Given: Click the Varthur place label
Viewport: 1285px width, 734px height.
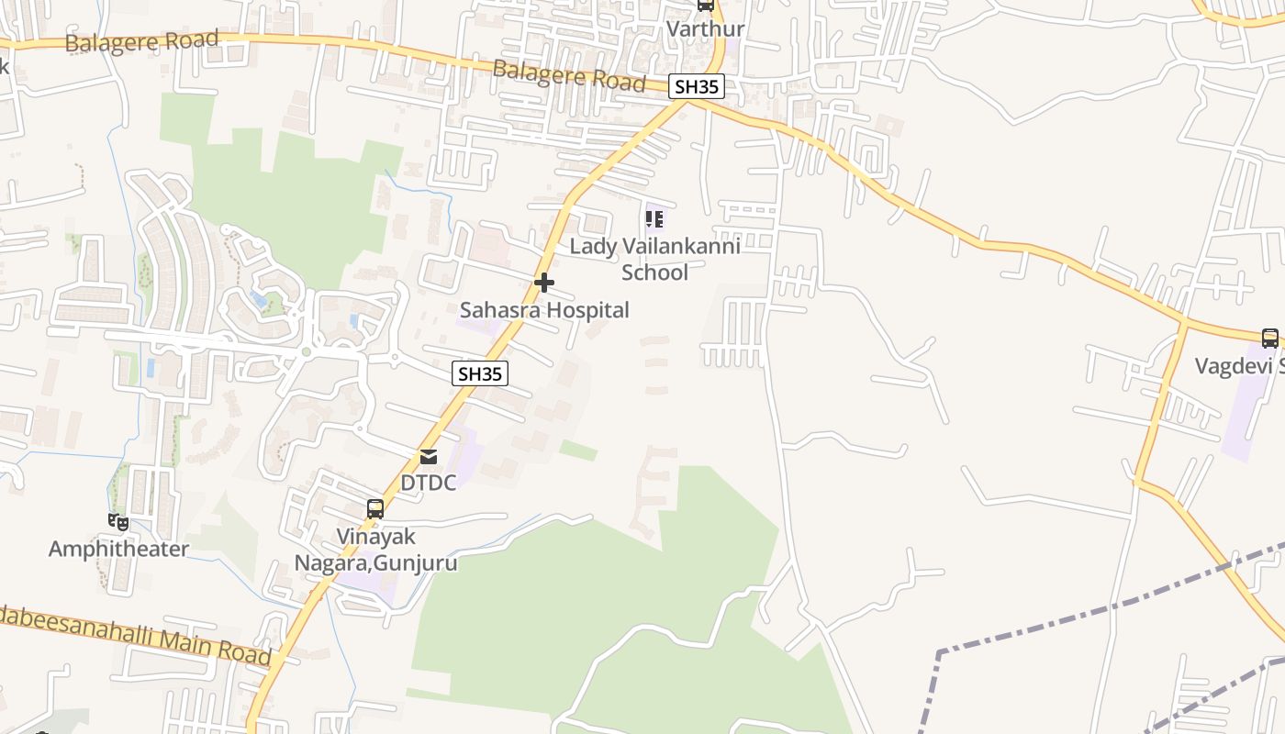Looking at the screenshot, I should (705, 28).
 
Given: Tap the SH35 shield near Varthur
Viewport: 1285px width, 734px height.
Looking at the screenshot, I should (697, 87).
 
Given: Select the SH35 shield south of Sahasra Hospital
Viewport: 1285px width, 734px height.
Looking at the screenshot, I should (480, 373).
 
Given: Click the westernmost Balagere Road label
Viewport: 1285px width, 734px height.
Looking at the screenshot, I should (141, 41).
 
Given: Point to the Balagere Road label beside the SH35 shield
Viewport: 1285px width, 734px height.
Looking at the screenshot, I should (569, 74).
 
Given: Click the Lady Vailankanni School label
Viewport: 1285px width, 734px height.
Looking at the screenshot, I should (654, 259).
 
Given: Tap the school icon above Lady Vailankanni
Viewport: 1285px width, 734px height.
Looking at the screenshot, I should (654, 219).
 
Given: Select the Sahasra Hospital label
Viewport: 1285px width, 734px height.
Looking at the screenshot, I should (544, 310).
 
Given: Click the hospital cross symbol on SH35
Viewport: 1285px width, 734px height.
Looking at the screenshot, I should (544, 283).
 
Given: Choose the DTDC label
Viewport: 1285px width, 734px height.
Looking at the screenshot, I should (429, 483).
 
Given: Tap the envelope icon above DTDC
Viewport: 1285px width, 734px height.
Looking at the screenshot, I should (429, 457).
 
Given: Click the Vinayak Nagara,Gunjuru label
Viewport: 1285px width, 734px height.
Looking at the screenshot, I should (375, 550).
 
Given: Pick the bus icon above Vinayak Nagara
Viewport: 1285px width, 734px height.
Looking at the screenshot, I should (375, 509).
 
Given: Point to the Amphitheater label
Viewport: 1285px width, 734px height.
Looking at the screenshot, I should (118, 549).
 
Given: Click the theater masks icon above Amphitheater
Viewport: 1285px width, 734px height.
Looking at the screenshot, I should (117, 522).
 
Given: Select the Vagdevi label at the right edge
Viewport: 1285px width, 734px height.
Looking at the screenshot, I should (1239, 366).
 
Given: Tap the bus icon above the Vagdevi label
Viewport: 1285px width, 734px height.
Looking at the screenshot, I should (1270, 339).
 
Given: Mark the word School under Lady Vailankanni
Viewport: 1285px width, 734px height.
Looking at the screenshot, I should (654, 272).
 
